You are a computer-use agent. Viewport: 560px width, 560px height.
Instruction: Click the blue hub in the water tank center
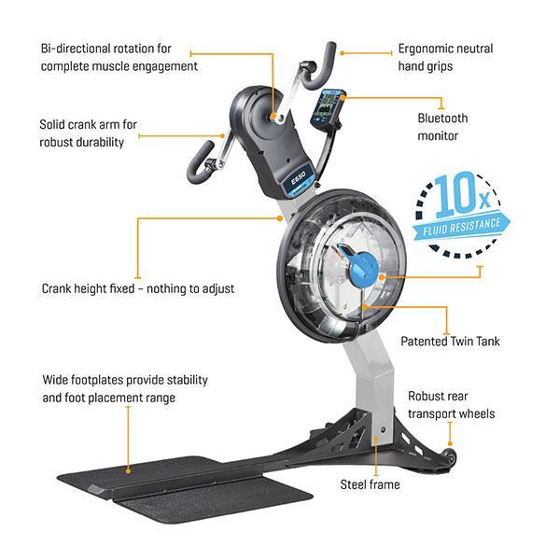[362, 268]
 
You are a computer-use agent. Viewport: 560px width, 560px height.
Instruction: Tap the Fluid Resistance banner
[461, 227]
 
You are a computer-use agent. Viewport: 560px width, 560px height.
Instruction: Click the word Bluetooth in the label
[442, 119]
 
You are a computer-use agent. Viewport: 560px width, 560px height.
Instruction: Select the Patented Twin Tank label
[450, 341]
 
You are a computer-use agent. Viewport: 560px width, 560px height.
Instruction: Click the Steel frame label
[370, 484]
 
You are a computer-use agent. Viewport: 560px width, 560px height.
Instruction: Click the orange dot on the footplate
[128, 471]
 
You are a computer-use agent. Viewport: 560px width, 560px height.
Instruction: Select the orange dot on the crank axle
[273, 116]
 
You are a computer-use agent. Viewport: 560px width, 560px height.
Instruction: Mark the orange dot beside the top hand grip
[342, 53]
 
